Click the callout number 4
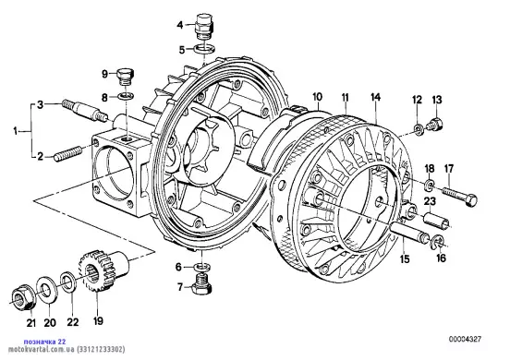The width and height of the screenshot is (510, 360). click(180, 25)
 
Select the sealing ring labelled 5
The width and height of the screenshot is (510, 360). click(204, 49)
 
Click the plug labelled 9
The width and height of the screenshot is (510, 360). click(125, 77)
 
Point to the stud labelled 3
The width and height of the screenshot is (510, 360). click(84, 111)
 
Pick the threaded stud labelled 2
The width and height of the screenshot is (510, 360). click(68, 153)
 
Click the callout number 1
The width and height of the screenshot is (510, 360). click(15, 132)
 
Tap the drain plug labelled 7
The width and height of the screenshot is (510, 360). click(202, 284)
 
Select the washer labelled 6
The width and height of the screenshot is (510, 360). click(202, 267)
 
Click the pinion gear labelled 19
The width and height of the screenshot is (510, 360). click(103, 270)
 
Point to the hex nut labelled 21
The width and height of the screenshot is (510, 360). click(23, 296)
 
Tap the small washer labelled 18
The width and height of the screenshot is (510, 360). click(429, 185)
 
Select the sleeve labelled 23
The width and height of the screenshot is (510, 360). click(436, 220)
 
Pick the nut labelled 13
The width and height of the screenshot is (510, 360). click(434, 125)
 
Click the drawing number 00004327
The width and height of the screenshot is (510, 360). click(465, 339)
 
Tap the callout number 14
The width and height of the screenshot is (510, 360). click(375, 97)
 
